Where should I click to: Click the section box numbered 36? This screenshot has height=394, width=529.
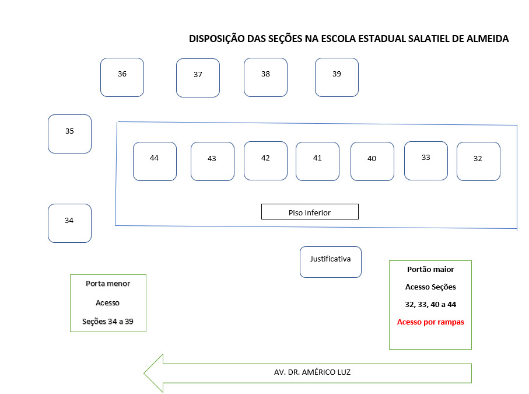tap(122, 77)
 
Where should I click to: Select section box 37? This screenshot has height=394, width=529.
tap(198, 78)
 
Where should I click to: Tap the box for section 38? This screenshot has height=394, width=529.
tap(265, 77)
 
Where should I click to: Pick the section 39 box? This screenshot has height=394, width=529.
tap(337, 77)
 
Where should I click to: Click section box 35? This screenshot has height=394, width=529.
tap(69, 134)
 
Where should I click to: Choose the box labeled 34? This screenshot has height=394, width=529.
tap(69, 223)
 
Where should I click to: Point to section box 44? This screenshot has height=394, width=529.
tap(155, 161)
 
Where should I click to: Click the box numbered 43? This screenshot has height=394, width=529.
tap(212, 161)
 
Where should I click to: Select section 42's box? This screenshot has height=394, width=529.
tap(265, 161)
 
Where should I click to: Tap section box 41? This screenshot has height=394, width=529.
tap(317, 161)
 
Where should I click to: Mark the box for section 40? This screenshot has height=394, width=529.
tap(372, 161)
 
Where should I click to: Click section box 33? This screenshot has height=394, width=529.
tap(426, 161)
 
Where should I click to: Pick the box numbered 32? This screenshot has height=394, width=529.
tap(478, 161)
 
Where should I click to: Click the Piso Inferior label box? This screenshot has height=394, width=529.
tap(310, 212)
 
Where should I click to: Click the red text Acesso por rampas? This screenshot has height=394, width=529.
tap(430, 322)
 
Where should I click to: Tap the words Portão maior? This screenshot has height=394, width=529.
tap(430, 270)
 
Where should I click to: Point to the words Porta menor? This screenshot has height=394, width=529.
tap(108, 284)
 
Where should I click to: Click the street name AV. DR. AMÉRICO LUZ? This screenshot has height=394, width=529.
tap(313, 372)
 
